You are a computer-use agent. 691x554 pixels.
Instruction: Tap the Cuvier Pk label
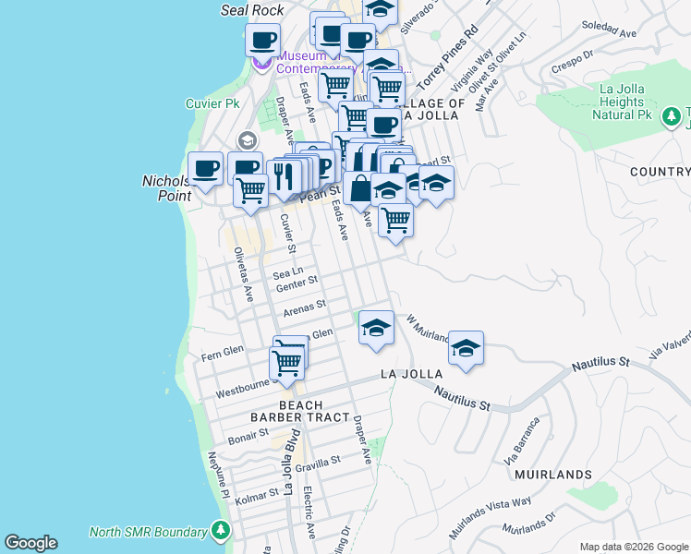click(x=212, y=103)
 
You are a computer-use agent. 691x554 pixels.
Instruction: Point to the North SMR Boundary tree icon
click(x=221, y=532)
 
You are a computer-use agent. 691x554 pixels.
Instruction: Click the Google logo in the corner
click(x=30, y=543)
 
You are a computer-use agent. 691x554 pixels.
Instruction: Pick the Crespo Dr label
click(x=571, y=61)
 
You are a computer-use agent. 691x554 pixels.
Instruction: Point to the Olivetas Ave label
click(x=243, y=274)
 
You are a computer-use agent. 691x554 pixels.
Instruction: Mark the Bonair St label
click(x=248, y=436)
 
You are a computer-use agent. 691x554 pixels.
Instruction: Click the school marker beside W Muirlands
click(x=467, y=348)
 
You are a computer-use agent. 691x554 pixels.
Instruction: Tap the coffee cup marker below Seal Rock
click(x=263, y=41)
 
